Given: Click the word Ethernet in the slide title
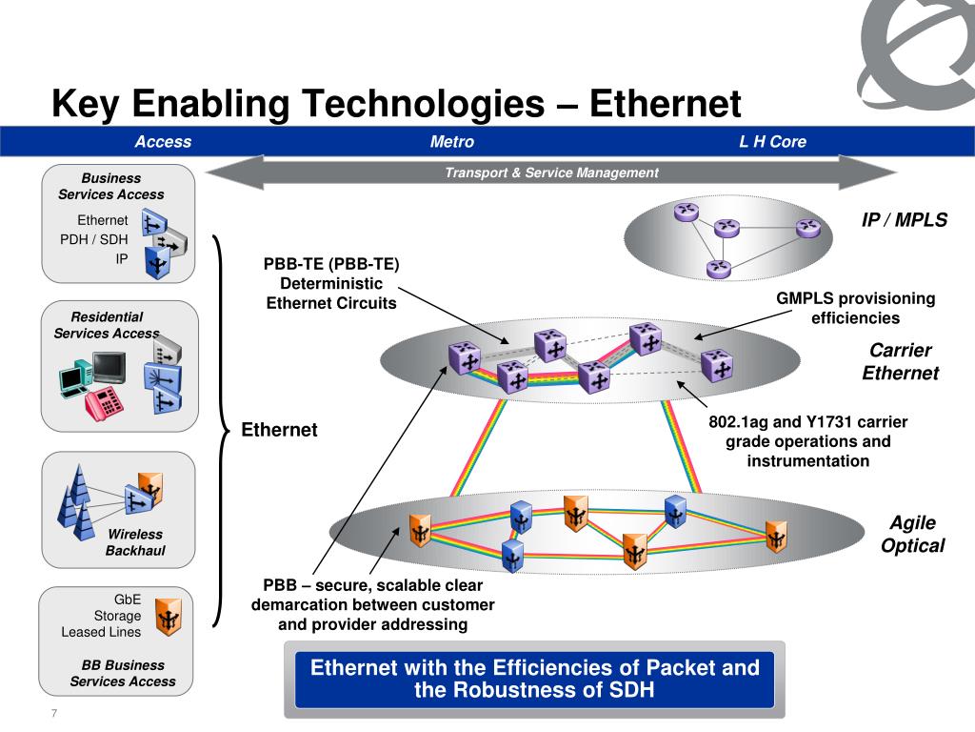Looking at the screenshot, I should (x=665, y=103).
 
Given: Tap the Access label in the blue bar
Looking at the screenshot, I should (x=163, y=142).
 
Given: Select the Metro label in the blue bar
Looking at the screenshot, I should (x=451, y=142).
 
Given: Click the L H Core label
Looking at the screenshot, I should (x=772, y=142).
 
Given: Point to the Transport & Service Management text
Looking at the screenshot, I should (x=551, y=173).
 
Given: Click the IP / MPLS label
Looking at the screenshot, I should (x=905, y=220).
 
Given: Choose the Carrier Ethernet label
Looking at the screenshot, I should (x=900, y=361).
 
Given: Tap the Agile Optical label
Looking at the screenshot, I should (x=912, y=534).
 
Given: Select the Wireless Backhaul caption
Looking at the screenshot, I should (x=134, y=542).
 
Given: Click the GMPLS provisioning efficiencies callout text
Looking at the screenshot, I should (x=855, y=308).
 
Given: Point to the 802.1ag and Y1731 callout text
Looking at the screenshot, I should (x=807, y=441).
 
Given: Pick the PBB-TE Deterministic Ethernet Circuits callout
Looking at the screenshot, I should (x=330, y=283).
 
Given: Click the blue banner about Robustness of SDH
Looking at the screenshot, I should (x=535, y=679).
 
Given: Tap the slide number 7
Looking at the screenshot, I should (x=54, y=716).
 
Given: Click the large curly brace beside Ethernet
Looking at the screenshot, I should (x=222, y=431).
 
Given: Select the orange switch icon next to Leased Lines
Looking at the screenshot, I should (x=168, y=617).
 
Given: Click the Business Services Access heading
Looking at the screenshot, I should (x=110, y=186).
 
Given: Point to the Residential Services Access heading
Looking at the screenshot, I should (x=107, y=324).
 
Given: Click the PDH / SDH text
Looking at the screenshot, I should (x=94, y=239).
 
